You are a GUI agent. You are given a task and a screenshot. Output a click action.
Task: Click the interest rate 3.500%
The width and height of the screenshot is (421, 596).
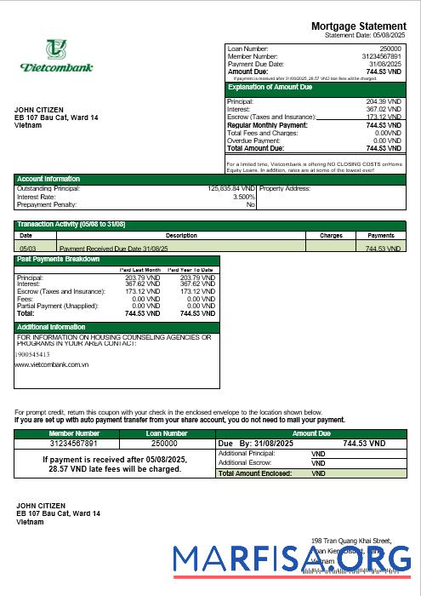(x=242, y=197)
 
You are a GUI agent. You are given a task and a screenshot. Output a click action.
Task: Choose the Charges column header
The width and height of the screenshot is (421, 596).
(x=331, y=235)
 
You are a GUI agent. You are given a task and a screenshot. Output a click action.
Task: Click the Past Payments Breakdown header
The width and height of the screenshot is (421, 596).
(x=58, y=259)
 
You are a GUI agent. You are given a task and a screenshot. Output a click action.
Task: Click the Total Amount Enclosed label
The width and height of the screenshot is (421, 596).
(x=255, y=473)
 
